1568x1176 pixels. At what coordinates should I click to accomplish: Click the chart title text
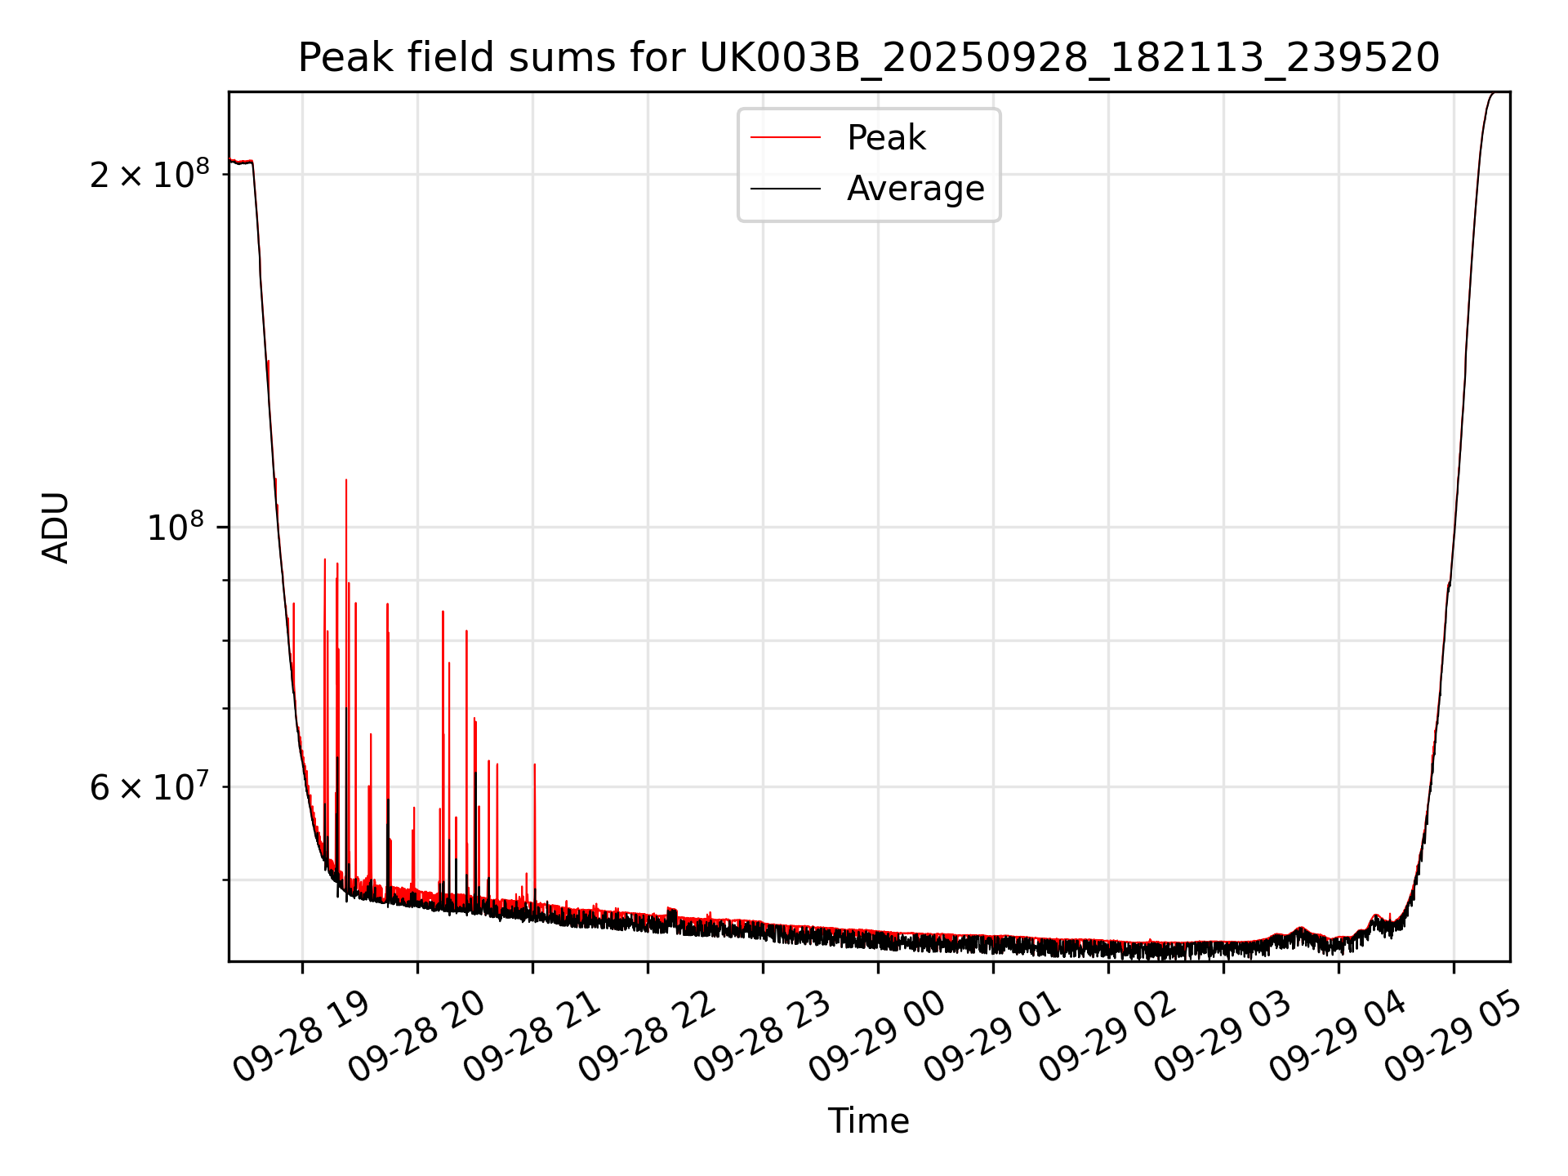click(x=868, y=58)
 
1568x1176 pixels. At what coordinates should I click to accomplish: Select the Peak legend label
click(x=886, y=138)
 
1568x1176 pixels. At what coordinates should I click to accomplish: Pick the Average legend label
click(x=915, y=189)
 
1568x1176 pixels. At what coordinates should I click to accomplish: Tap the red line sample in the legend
click(x=786, y=138)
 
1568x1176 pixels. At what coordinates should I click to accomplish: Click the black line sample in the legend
click(x=786, y=189)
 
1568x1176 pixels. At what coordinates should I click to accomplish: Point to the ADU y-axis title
click(x=56, y=527)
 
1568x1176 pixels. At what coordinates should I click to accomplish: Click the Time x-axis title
click(x=868, y=1121)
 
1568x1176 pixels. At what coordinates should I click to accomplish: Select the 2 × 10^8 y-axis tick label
click(x=149, y=174)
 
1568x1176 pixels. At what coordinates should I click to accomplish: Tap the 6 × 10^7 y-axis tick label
click(x=149, y=787)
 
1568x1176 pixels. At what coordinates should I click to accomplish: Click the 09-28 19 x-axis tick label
click(x=301, y=1037)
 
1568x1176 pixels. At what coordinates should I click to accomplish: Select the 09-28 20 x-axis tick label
click(x=416, y=1037)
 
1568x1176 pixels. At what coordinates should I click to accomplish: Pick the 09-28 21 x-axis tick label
click(x=532, y=1037)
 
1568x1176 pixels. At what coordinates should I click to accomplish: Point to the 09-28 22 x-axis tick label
click(x=647, y=1037)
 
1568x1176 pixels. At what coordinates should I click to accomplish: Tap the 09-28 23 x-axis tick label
click(x=762, y=1037)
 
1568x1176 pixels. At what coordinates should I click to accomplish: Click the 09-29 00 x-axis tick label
click(x=877, y=1037)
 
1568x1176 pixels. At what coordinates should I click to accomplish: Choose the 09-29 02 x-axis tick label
click(x=1107, y=1037)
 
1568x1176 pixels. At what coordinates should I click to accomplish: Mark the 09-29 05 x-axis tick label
click(x=1453, y=1037)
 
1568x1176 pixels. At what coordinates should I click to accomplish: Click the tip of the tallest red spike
click(x=346, y=480)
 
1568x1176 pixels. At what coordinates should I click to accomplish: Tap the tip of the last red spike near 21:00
click(x=534, y=764)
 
